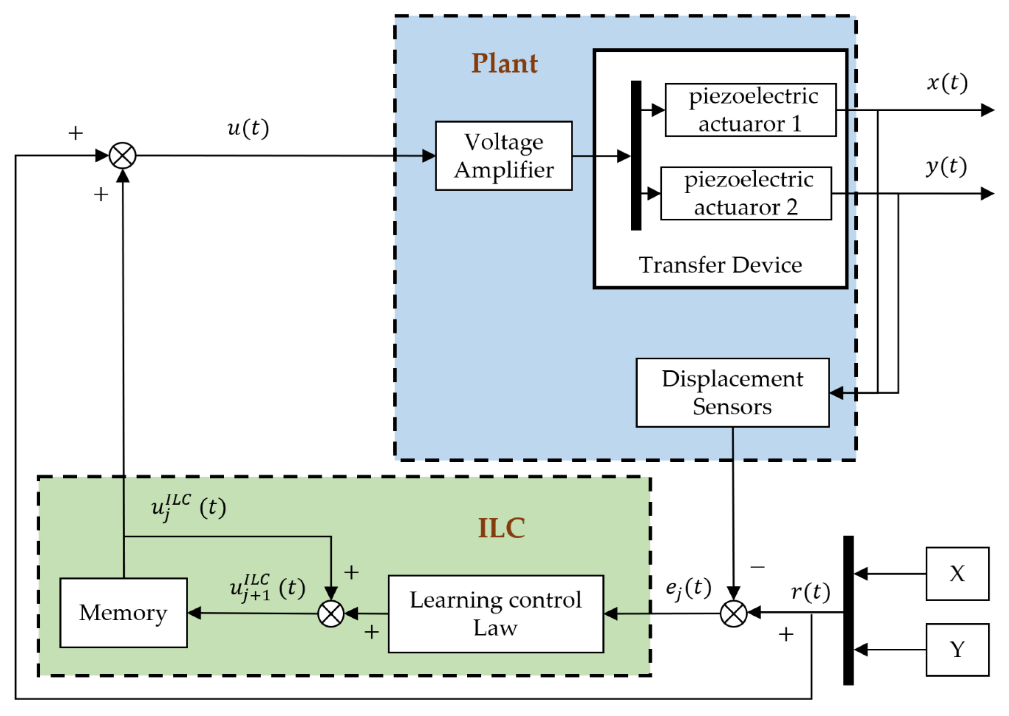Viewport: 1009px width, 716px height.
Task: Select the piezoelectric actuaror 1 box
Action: (x=750, y=110)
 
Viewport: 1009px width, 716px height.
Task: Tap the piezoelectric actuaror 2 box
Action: (x=745, y=193)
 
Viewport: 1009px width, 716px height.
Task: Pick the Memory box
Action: (x=124, y=613)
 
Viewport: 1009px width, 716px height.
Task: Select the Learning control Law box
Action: (x=495, y=613)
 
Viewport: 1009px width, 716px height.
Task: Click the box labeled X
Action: (x=957, y=573)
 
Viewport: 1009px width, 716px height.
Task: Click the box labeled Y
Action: (x=957, y=650)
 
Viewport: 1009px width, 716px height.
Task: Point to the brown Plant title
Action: (x=504, y=63)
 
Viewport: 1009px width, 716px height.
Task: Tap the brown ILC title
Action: (x=501, y=528)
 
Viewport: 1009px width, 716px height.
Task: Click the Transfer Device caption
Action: (x=720, y=265)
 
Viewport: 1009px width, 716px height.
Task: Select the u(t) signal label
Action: (x=248, y=129)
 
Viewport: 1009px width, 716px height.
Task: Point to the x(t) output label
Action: (x=947, y=83)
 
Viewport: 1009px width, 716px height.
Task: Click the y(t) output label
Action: (x=946, y=167)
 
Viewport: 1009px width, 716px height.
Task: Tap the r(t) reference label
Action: (x=810, y=592)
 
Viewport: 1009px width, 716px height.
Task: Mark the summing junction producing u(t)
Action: (x=122, y=155)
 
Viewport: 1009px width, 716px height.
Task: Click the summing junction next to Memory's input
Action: (x=331, y=613)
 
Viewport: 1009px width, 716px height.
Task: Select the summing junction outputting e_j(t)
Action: (x=733, y=613)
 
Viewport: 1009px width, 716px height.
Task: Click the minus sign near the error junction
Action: (x=757, y=567)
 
